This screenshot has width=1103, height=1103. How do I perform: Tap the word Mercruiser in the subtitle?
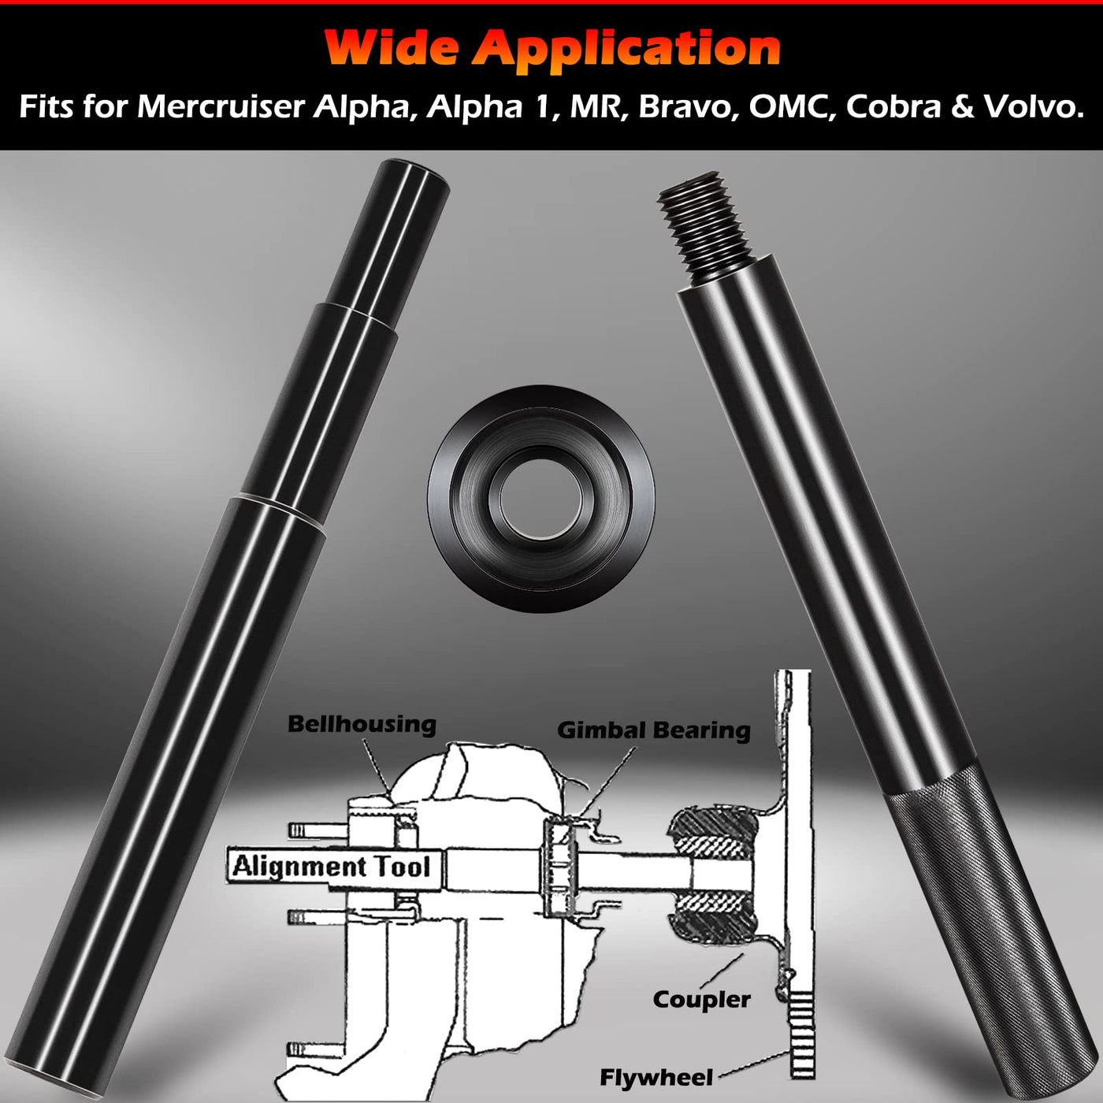pos(220,106)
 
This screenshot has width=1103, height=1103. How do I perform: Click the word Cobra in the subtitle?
pos(893,106)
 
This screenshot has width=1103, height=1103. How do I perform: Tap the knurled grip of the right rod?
pos(990,922)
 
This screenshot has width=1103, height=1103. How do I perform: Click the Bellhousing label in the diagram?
pos(362,724)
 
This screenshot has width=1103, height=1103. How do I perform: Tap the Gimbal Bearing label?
pos(653,730)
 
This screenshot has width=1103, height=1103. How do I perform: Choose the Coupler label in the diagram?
pos(701,1000)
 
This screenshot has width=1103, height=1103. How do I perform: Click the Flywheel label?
pos(656,1078)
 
